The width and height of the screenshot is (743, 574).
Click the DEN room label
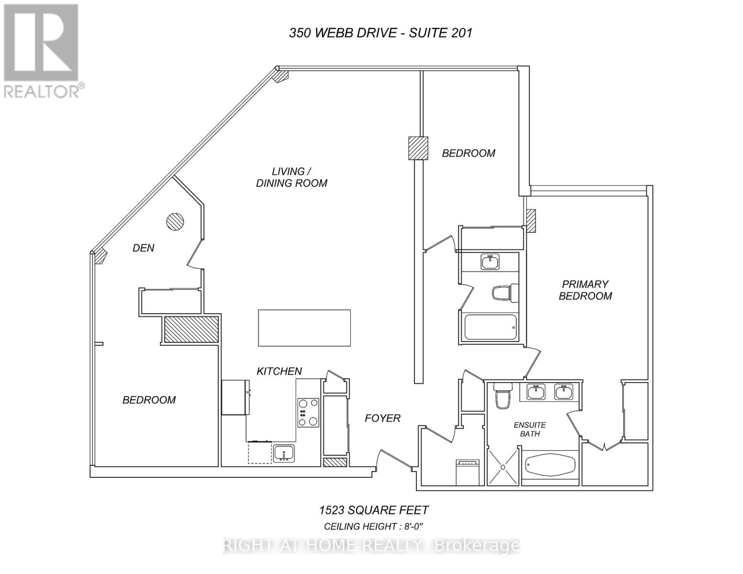[144, 248]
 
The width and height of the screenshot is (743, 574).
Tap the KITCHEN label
[279, 371]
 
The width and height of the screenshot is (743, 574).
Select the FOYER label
[382, 419]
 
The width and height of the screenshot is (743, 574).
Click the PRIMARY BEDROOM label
[585, 290]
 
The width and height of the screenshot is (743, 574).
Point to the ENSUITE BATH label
[530, 429]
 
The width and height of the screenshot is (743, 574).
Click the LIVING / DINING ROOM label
[291, 177]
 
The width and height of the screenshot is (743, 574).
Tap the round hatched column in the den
[175, 221]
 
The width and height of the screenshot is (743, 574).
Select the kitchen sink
[284, 453]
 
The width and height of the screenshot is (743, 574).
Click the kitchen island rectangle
[304, 328]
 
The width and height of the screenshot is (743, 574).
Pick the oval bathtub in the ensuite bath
[550, 464]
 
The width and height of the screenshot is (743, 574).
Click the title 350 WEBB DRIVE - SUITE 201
[381, 33]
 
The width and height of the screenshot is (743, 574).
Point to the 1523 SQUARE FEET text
[374, 510]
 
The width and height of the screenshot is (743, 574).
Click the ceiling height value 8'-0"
[413, 527]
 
